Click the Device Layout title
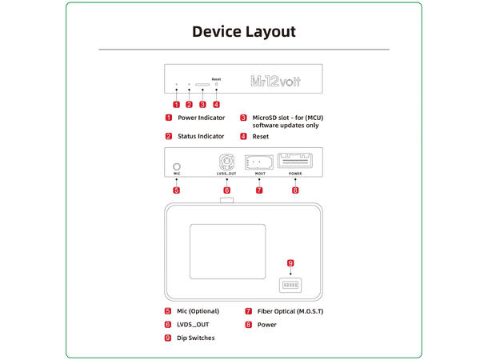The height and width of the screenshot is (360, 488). point(244,32)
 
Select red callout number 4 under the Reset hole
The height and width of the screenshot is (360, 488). point(216,104)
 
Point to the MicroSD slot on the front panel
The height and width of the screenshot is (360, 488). point(202,83)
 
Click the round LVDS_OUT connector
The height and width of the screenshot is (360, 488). point(226,159)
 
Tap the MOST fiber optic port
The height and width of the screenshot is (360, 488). point(259,159)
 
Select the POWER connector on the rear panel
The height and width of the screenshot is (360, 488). point(295,159)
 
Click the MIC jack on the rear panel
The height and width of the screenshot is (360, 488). point(176,160)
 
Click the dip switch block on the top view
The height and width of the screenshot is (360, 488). point(290,283)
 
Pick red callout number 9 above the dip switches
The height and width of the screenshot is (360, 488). point(290,262)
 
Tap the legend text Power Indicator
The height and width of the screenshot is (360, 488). point(201,118)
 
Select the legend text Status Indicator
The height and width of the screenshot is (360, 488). point(201,137)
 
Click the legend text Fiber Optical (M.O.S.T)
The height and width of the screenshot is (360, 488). point(290,310)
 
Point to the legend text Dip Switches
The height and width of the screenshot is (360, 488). point(195,338)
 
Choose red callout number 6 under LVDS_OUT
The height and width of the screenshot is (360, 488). point(226,190)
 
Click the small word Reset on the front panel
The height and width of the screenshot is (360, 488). point(216,79)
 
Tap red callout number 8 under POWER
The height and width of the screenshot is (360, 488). point(295,190)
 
